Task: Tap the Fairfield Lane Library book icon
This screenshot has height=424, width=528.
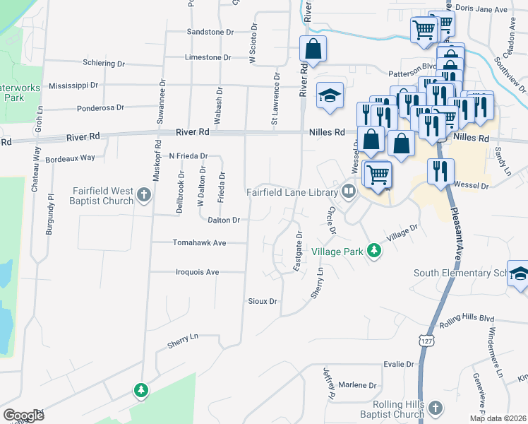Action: point(348,191)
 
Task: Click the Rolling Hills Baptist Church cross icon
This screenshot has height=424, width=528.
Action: point(436,408)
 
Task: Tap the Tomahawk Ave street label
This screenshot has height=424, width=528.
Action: point(200,242)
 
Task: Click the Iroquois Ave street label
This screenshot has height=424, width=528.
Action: point(198,271)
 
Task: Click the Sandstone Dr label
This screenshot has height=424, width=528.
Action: point(210,32)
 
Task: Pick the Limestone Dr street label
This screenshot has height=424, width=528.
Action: point(208,57)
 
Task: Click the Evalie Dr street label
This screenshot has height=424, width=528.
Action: point(399,364)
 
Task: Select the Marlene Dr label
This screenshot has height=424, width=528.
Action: point(358,385)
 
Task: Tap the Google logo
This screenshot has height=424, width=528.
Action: point(23,416)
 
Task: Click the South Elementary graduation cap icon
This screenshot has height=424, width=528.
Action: point(518,276)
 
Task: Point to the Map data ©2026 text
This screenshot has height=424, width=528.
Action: point(497,418)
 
